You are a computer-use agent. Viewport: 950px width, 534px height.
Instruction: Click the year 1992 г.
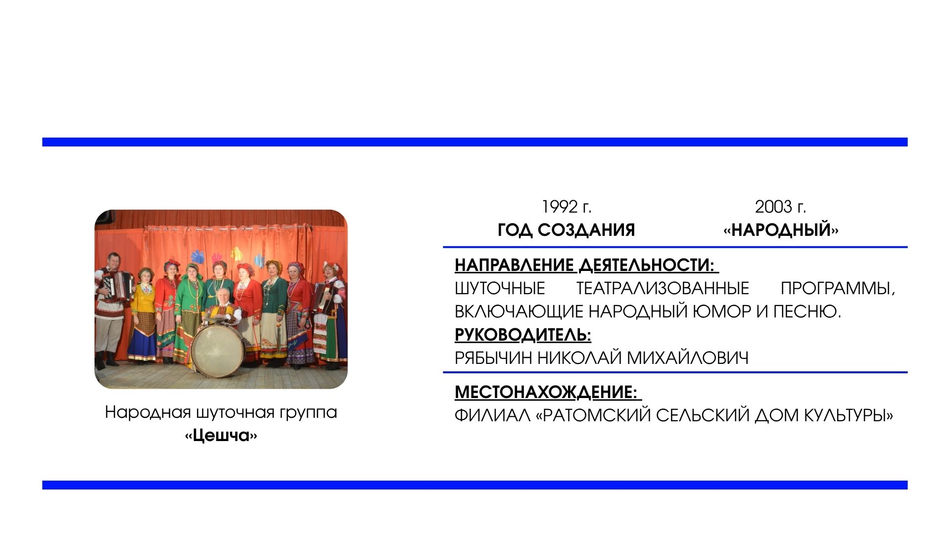point(567,207)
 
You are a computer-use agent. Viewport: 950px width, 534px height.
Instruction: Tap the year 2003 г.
point(780,207)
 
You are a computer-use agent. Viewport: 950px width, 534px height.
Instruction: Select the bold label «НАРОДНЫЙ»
point(781,230)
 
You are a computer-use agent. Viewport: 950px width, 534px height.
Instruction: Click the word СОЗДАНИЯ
point(586,230)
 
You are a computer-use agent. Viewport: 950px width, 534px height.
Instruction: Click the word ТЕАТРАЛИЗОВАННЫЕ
point(663,288)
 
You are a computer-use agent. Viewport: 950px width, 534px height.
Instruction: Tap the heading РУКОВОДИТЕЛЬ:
point(523,335)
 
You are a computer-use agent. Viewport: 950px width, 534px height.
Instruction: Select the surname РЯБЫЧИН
point(493,357)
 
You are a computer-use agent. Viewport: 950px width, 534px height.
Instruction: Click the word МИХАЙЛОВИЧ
point(688,357)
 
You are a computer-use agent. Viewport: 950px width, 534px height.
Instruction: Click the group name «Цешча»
point(221,436)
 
